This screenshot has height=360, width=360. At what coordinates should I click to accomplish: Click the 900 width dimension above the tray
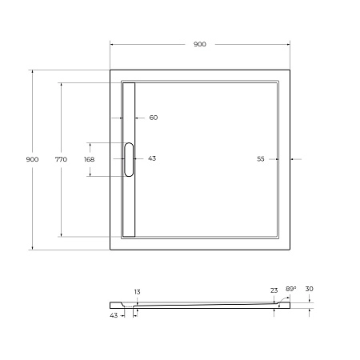coord(199,44)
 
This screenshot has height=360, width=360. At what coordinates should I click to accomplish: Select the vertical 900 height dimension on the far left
coord(32,159)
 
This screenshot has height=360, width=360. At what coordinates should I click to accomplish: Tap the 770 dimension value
coord(61,159)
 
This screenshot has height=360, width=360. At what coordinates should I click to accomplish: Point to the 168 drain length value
coord(89,159)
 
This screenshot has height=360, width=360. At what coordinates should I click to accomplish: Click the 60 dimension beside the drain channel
coord(153,118)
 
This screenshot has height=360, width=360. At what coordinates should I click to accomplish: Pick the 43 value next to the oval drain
coord(152,158)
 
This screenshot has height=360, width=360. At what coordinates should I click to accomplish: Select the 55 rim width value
coord(261,158)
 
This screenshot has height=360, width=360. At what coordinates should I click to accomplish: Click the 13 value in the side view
coord(137,293)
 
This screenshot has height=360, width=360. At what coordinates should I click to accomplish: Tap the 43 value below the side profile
coord(114,316)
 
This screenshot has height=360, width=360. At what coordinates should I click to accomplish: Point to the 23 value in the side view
coord(274,291)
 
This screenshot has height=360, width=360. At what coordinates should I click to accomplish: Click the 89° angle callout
coord(290,289)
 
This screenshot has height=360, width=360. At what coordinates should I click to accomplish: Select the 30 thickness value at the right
coord(309,290)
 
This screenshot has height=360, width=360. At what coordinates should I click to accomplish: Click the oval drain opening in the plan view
coord(130,158)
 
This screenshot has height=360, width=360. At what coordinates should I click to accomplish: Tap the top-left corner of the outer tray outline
coord(110,70)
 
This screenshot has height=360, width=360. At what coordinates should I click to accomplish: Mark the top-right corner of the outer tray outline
coord(290,70)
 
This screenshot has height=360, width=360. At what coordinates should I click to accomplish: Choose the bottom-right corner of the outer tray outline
coord(290,249)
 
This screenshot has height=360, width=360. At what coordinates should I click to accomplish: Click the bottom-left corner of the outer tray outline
coord(110,249)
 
